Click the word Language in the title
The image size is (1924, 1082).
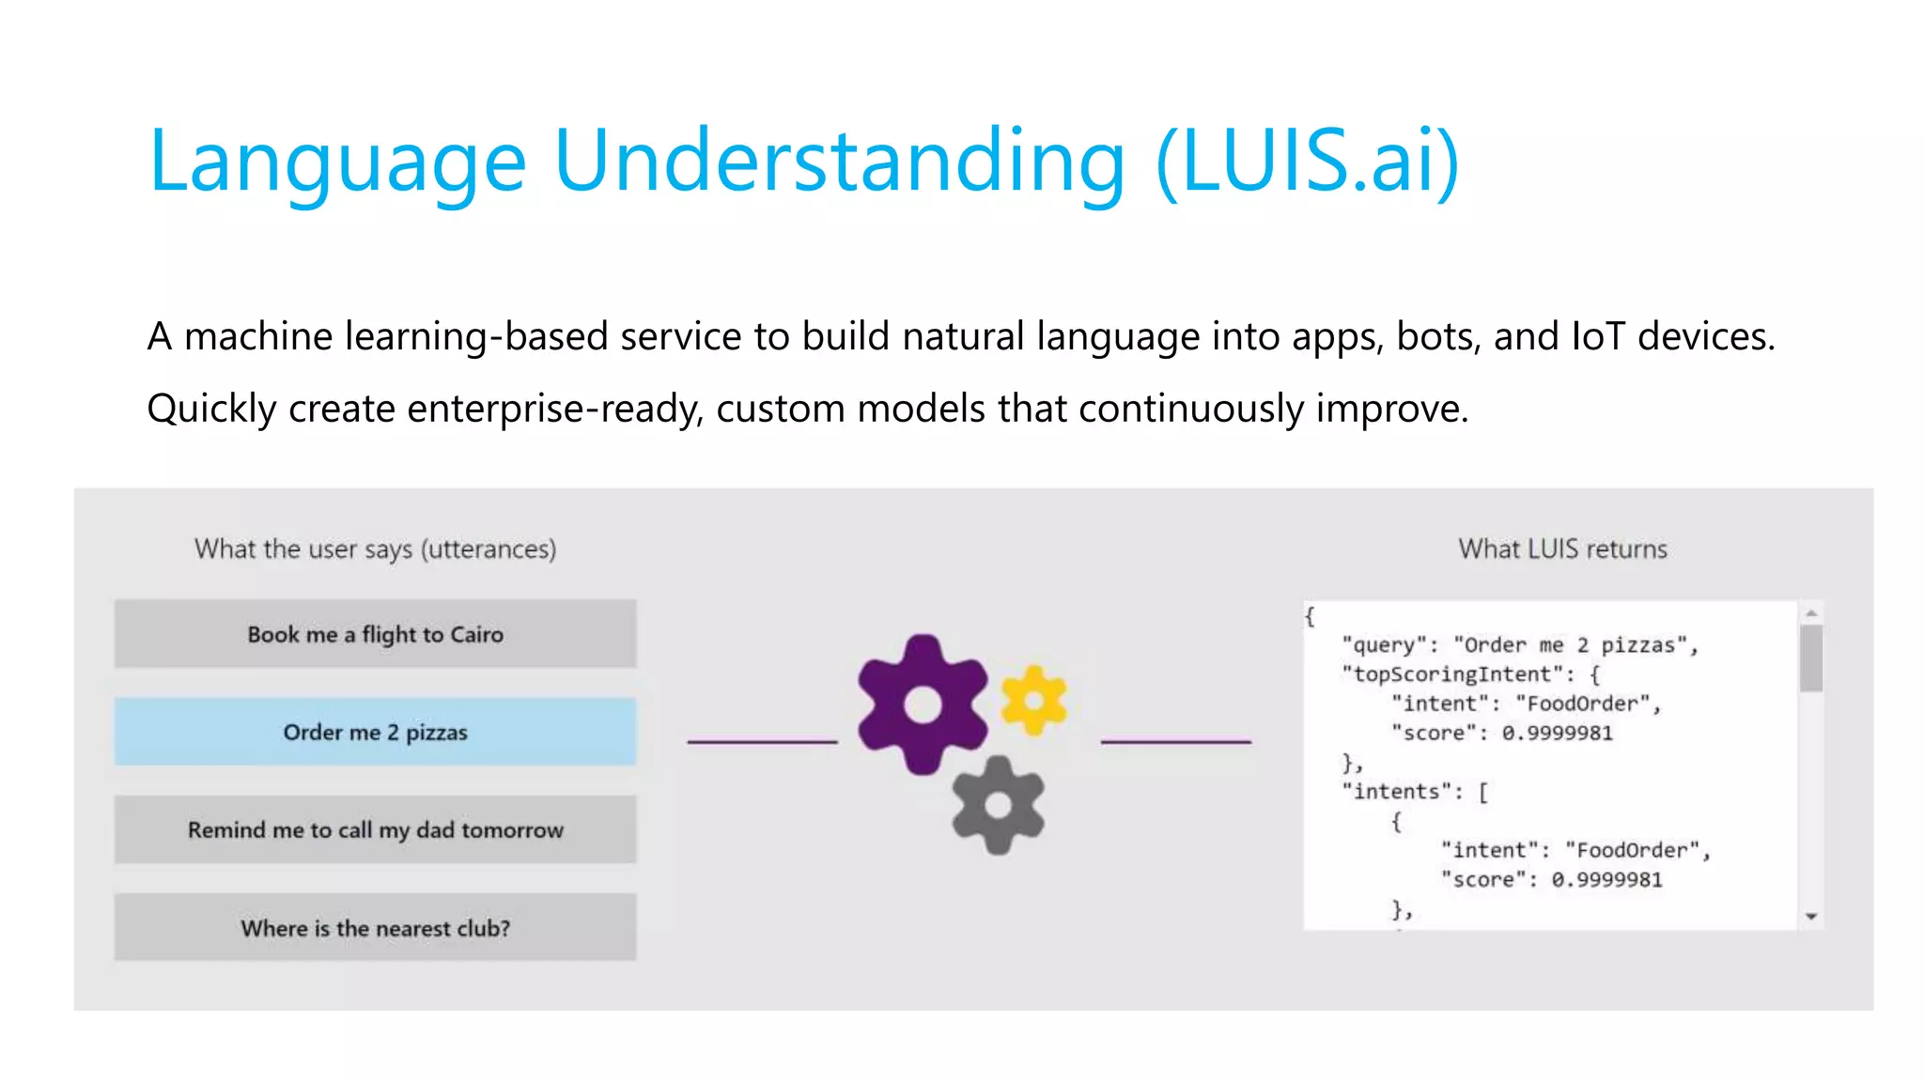[x=336, y=162]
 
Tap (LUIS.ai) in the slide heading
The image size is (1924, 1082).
[x=1308, y=162]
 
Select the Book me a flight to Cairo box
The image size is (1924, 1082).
[x=375, y=634]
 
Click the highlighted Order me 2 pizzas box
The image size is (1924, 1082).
[x=375, y=732]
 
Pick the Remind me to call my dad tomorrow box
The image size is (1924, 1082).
[x=375, y=829]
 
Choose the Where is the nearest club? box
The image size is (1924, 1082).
[x=375, y=928]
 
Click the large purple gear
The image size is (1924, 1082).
[x=922, y=704]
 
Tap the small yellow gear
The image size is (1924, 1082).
[x=1033, y=700]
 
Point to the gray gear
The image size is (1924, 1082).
[x=998, y=805]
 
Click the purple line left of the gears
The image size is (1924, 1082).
[x=762, y=742]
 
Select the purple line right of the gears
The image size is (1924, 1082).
[x=1175, y=742]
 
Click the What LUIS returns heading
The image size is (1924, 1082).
[x=1562, y=549]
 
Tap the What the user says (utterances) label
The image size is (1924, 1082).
[x=375, y=549]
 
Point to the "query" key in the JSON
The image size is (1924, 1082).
[x=1384, y=645]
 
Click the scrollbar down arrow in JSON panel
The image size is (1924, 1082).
[x=1811, y=916]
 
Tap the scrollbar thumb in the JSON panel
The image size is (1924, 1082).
[x=1811, y=657]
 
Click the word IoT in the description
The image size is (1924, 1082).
[x=1598, y=336]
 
